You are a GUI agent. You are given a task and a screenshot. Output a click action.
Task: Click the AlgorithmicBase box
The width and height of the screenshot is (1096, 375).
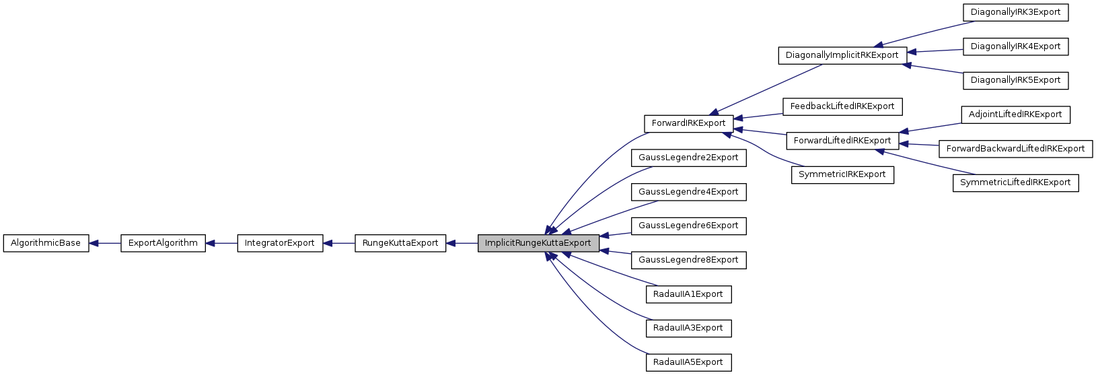46,243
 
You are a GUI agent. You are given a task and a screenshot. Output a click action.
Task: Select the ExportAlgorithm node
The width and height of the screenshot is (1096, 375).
163,243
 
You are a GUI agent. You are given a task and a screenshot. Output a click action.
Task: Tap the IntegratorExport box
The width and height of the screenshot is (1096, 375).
280,243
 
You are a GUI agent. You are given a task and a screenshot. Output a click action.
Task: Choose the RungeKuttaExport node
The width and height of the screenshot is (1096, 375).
400,243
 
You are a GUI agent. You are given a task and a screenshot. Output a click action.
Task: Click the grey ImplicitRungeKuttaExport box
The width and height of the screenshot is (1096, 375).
538,243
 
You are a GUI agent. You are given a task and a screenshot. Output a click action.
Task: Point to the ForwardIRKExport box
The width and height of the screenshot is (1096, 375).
688,123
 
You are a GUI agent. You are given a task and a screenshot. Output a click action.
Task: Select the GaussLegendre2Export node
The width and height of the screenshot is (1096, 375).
688,158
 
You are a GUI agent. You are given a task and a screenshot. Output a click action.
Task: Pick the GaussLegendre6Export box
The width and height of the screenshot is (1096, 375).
688,226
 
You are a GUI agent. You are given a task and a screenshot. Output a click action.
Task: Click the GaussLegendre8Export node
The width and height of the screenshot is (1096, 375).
688,260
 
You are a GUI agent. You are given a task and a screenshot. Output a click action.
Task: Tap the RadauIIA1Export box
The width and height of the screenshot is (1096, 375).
688,294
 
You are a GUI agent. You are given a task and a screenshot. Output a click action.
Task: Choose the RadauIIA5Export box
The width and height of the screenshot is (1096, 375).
688,362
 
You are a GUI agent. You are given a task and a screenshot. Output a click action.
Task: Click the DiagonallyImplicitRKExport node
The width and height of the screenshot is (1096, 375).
842,55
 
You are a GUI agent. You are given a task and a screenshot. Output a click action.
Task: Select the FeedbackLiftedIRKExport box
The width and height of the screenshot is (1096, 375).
842,106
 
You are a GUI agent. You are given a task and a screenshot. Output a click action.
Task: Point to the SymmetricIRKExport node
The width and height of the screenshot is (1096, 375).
842,174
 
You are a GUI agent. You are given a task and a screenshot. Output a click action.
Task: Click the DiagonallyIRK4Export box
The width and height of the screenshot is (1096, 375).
1015,46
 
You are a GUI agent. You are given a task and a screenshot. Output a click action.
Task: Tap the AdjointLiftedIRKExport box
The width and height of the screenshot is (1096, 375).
1015,114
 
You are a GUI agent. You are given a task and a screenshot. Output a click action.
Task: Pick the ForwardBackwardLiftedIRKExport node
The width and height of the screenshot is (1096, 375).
1015,149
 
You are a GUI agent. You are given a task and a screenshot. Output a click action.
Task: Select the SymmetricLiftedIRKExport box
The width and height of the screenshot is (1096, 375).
1015,182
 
